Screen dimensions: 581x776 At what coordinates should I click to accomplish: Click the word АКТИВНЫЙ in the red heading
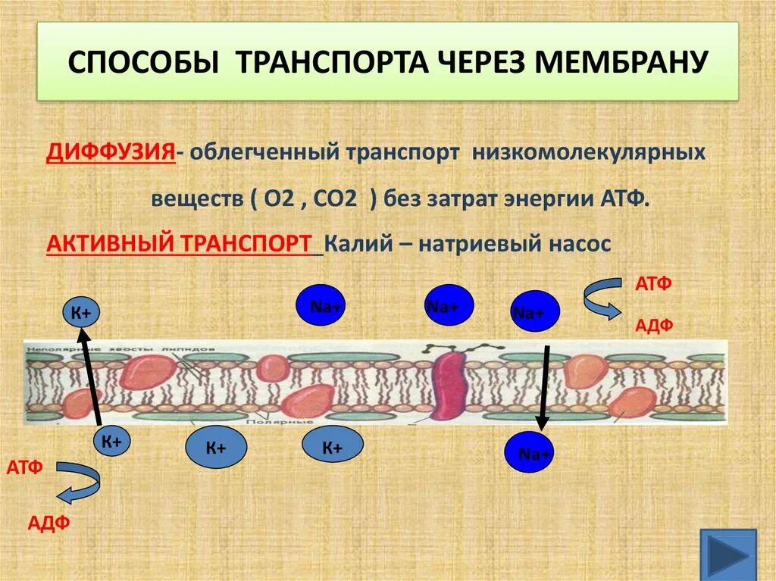[109, 245]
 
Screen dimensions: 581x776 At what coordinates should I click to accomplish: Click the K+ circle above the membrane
[81, 312]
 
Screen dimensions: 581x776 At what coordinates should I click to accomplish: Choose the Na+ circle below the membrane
[530, 453]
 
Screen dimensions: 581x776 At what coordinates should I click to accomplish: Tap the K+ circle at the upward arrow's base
[112, 442]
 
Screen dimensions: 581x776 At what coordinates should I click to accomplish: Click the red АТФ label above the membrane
[652, 284]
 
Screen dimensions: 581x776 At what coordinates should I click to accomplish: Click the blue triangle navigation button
[727, 556]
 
